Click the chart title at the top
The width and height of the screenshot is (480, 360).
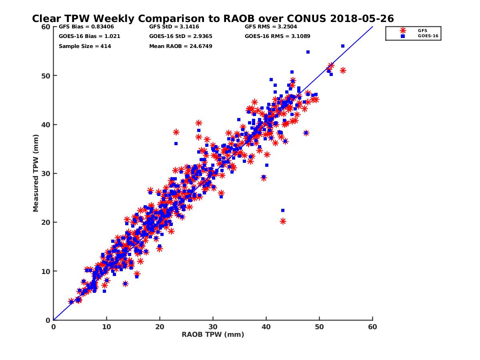(x=213, y=18)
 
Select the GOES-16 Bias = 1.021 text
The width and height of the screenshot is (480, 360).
(x=90, y=36)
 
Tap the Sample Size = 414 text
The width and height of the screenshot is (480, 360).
(x=85, y=46)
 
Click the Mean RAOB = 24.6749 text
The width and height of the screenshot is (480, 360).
(x=181, y=46)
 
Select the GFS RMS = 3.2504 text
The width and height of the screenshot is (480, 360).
(x=271, y=27)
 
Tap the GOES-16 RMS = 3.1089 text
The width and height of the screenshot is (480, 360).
(x=278, y=36)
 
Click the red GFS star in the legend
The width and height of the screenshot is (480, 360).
(x=402, y=30)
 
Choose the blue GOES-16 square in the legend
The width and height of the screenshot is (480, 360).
(x=402, y=36)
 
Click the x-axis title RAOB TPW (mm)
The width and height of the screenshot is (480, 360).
(x=213, y=334)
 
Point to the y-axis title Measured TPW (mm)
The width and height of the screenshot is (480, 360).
(x=36, y=173)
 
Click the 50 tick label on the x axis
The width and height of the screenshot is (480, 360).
(x=319, y=327)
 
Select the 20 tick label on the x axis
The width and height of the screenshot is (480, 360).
(x=160, y=327)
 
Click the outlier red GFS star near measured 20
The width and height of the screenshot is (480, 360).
(x=283, y=221)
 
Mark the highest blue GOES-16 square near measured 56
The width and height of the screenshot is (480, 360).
(x=343, y=46)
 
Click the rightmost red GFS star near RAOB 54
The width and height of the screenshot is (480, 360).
(x=343, y=70)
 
